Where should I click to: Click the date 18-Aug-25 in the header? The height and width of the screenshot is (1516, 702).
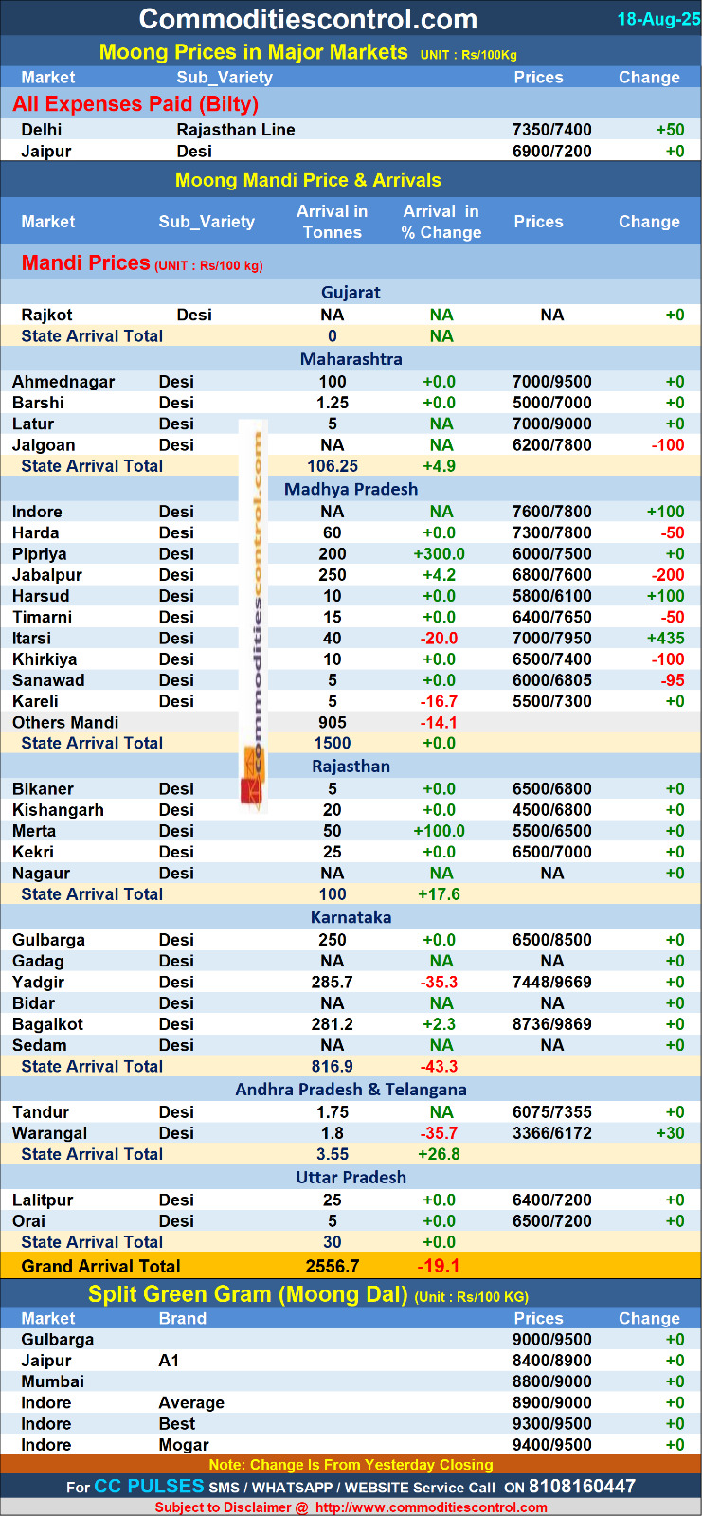click(x=658, y=19)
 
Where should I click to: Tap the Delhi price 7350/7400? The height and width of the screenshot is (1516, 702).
click(x=551, y=130)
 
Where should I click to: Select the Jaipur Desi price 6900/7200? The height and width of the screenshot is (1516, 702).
click(x=551, y=151)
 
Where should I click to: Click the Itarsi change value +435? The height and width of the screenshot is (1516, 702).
click(x=665, y=639)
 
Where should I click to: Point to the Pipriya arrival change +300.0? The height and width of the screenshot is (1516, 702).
click(x=439, y=554)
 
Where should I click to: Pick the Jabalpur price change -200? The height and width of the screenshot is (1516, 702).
click(x=668, y=575)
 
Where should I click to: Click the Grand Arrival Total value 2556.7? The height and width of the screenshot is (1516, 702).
click(x=333, y=1266)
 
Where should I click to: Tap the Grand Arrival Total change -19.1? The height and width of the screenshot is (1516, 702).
click(x=439, y=1266)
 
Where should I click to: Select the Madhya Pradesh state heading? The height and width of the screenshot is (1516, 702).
click(x=351, y=489)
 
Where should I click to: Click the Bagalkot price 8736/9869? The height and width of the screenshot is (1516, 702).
click(x=551, y=1024)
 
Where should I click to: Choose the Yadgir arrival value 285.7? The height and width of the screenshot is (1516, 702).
click(x=333, y=983)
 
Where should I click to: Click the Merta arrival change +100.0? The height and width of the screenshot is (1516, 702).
click(x=439, y=831)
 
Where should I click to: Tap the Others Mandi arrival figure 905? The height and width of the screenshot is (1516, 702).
click(x=333, y=722)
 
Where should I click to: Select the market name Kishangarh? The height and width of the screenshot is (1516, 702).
click(x=58, y=810)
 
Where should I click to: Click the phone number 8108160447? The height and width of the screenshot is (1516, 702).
click(x=582, y=1487)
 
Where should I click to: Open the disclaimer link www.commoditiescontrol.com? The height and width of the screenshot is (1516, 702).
click(x=431, y=1507)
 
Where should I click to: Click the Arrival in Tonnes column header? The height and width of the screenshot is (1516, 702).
click(x=333, y=222)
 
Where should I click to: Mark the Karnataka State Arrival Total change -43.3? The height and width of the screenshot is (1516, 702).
click(x=439, y=1067)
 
